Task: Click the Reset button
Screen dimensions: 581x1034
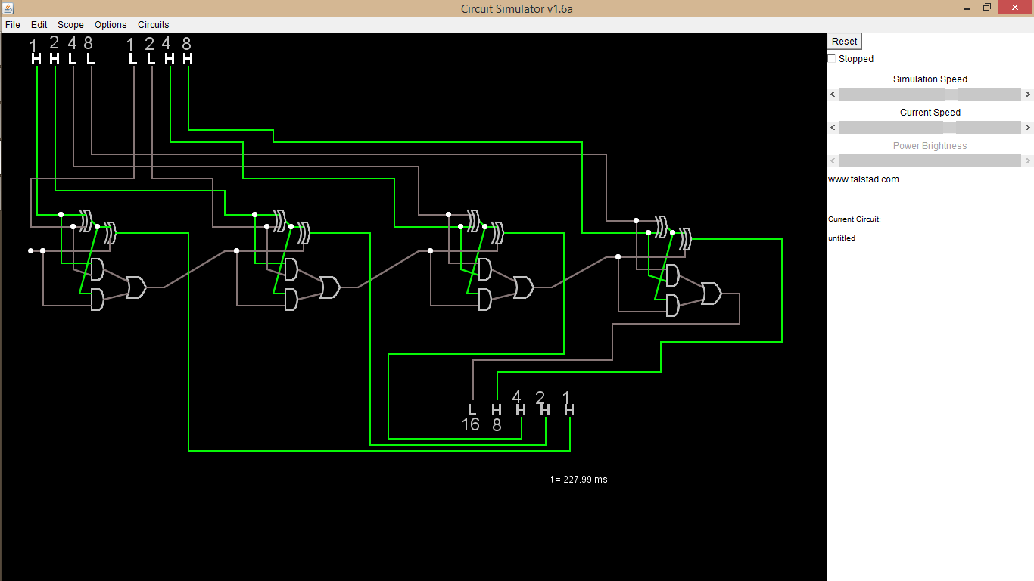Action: click(x=845, y=42)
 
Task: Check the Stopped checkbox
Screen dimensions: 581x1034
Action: click(x=832, y=59)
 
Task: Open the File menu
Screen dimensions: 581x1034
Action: click(x=13, y=25)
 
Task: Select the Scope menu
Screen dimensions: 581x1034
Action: click(x=70, y=25)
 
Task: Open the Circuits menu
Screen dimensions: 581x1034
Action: click(x=153, y=25)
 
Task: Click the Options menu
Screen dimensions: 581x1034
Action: click(x=111, y=25)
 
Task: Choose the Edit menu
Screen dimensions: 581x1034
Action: click(x=39, y=25)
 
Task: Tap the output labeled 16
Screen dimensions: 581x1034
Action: click(x=472, y=410)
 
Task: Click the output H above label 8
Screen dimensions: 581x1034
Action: click(x=497, y=410)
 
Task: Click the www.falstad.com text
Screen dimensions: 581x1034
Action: click(x=864, y=179)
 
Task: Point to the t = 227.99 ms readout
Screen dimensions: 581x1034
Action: click(x=579, y=480)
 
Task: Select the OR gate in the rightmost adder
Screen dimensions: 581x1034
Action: click(x=712, y=294)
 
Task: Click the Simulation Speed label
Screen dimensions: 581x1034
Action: click(x=930, y=79)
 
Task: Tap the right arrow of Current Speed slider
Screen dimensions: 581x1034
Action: click(x=1027, y=128)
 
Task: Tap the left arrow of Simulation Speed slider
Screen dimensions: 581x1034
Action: click(x=833, y=95)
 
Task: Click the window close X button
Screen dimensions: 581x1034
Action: click(x=1015, y=8)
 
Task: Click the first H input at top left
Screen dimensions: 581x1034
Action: click(x=36, y=59)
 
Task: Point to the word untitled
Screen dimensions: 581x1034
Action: click(x=842, y=238)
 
